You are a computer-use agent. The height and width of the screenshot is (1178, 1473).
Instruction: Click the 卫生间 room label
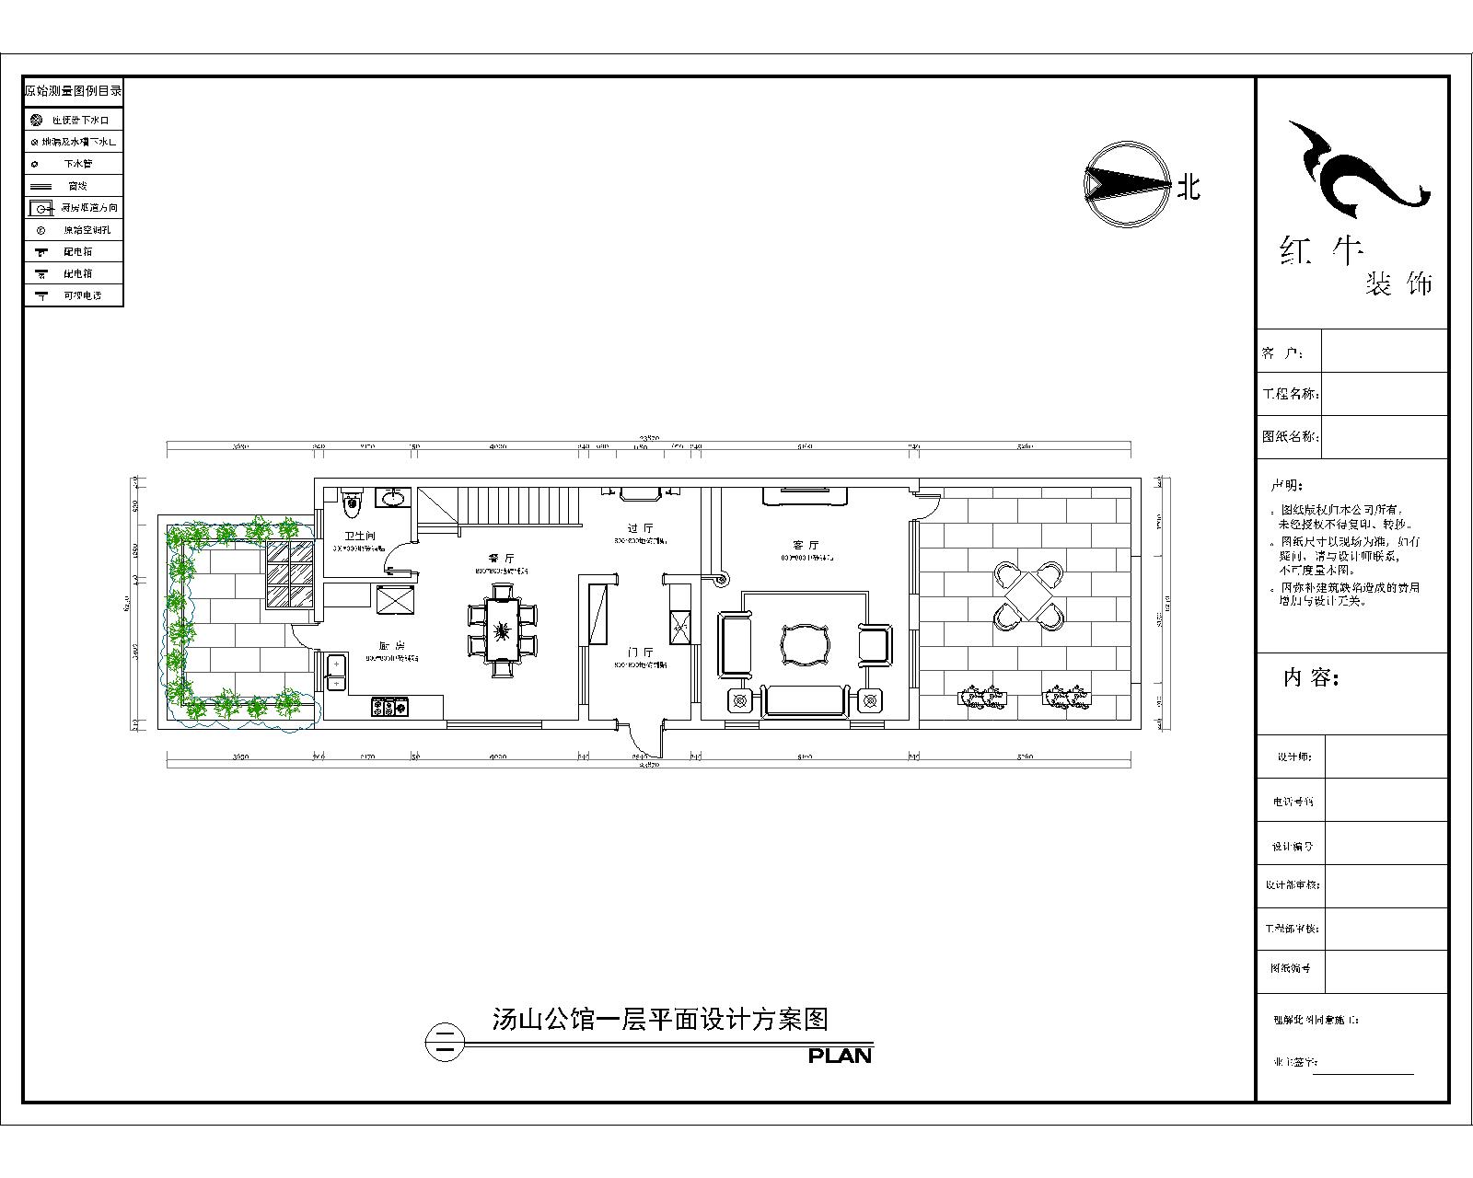pyautogui.click(x=360, y=536)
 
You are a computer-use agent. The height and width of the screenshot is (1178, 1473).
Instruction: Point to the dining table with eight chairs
pyautogui.click(x=502, y=630)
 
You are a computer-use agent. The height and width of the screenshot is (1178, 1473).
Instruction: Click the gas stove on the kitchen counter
pyautogui.click(x=389, y=708)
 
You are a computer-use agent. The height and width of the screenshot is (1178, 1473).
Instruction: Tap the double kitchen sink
pyautogui.click(x=336, y=672)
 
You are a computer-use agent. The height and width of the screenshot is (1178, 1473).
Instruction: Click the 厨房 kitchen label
pyautogui.click(x=389, y=645)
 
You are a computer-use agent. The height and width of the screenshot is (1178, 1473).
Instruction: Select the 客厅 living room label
pyautogui.click(x=806, y=545)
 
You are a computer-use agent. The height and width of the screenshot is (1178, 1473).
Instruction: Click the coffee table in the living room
pyautogui.click(x=806, y=644)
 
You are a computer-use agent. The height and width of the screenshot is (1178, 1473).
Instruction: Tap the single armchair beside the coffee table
pyautogui.click(x=875, y=643)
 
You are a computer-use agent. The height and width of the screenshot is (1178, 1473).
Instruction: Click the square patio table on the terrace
pyautogui.click(x=1028, y=597)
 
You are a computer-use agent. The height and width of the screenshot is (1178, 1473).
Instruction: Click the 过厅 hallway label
pyautogui.click(x=640, y=528)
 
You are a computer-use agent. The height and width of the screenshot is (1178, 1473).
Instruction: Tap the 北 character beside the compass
pyautogui.click(x=1189, y=188)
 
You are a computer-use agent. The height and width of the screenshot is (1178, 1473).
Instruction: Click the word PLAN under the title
pyautogui.click(x=840, y=1056)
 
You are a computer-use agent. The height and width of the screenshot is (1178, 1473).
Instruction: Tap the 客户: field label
pyautogui.click(x=1282, y=353)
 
